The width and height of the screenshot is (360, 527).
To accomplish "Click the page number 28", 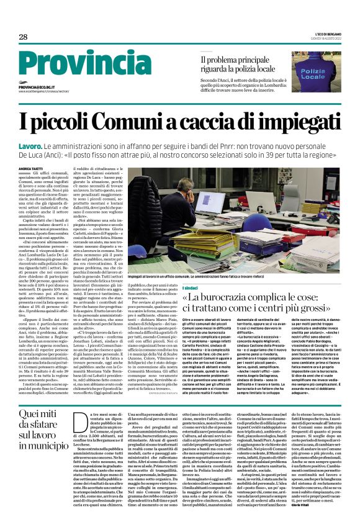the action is (23, 37).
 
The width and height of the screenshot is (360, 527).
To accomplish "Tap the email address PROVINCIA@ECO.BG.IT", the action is (45, 88).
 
